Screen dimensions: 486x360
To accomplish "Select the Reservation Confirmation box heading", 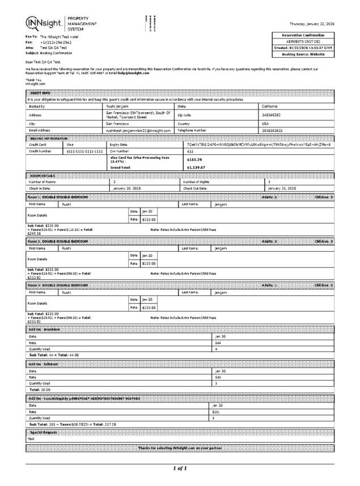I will coord(303,35).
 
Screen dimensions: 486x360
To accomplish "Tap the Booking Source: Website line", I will coord(303,54).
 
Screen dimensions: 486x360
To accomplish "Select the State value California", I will coord(270,106).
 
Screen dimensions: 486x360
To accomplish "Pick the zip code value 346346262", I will coord(272,115).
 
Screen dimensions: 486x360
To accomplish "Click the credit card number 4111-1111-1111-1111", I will coord(84,151).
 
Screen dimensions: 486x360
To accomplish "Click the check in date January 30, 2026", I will coord(127,188).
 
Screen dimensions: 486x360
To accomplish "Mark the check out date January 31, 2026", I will coord(282,188).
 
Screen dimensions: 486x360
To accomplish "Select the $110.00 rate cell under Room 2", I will coord(149,263).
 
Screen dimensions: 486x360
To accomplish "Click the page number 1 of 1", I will coord(180,468).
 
